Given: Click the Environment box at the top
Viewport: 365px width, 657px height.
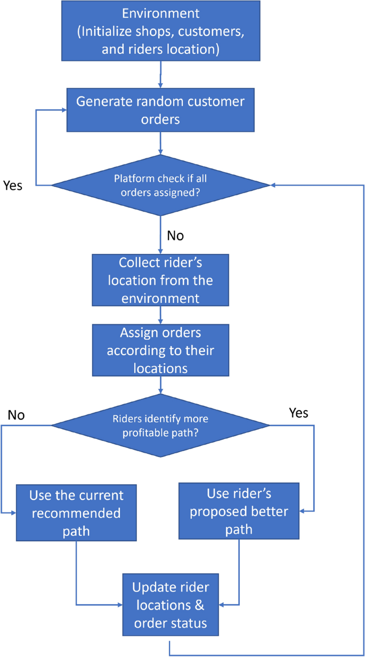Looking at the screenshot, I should pyautogui.click(x=161, y=30).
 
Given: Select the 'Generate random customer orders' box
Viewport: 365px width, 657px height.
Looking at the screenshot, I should pyautogui.click(x=161, y=110).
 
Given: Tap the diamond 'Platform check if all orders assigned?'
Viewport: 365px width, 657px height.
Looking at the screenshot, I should pyautogui.click(x=161, y=185).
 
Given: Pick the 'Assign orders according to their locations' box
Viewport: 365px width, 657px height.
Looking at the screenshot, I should pyautogui.click(x=160, y=351).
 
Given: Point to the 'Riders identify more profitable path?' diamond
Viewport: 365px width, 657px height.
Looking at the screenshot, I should pyautogui.click(x=160, y=425).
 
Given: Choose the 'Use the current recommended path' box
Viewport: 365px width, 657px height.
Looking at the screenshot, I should pyautogui.click(x=76, y=512).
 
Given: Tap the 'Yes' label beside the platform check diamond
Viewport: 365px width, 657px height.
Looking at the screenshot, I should pyautogui.click(x=13, y=186).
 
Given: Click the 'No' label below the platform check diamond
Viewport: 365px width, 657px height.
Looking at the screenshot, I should pyautogui.click(x=175, y=235).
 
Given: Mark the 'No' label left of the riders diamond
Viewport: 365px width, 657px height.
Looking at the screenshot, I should pyautogui.click(x=17, y=415).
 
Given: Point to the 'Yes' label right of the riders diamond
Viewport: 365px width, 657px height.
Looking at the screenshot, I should pyautogui.click(x=298, y=413).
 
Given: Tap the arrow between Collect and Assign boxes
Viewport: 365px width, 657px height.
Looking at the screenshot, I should pyautogui.click(x=160, y=315).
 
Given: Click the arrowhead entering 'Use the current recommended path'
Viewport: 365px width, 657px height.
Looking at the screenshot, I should pyautogui.click(x=13, y=512).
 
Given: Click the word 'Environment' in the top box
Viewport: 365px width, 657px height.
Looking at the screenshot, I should pyautogui.click(x=161, y=13).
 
